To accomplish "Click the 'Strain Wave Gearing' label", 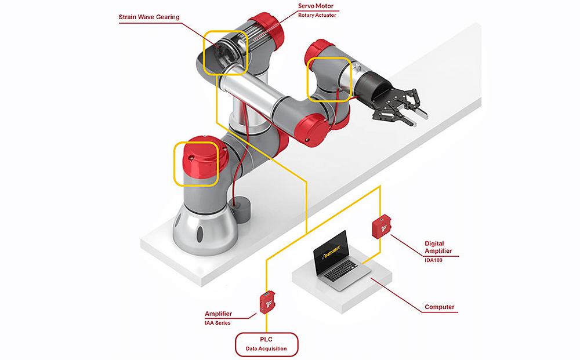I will point(148,17).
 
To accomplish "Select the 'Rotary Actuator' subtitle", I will point(317,15).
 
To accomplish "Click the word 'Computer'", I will point(440,307).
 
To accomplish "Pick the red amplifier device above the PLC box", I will point(268,301).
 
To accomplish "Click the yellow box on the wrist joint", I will point(328,79).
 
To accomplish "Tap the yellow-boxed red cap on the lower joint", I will point(196,163).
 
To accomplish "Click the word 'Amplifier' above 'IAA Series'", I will point(218,314).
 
